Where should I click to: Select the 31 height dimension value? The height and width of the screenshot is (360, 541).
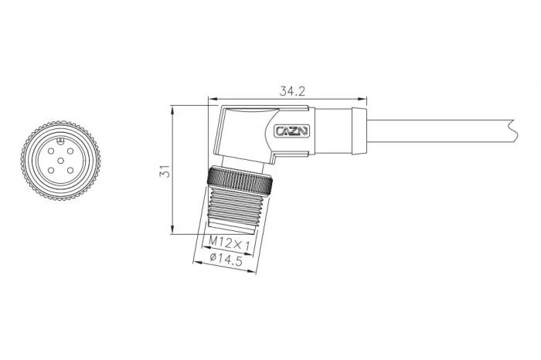[x=164, y=172]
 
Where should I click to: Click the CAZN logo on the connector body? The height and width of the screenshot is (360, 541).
[x=292, y=131]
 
